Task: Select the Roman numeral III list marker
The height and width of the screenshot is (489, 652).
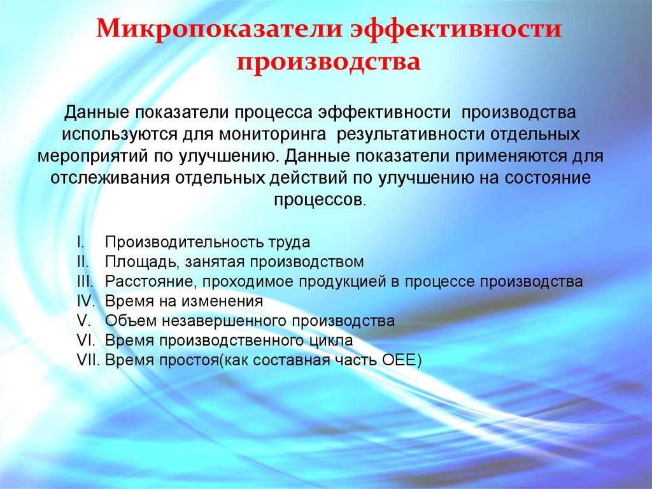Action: (x=85, y=281)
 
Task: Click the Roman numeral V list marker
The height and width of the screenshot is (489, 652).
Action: (x=81, y=320)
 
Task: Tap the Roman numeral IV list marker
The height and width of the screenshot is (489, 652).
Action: (x=85, y=300)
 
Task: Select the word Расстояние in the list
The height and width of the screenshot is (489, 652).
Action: (x=145, y=281)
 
